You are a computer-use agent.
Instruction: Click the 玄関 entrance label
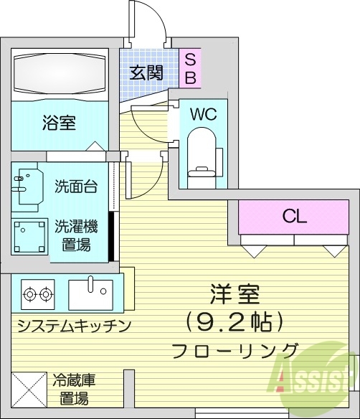coord(146,72)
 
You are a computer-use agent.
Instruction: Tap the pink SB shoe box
coord(191,68)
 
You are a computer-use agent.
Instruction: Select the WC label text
coord(203,113)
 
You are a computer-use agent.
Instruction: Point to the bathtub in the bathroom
coord(59,72)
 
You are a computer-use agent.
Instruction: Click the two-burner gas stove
coord(38,293)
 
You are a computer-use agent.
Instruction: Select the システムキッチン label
coord(73,326)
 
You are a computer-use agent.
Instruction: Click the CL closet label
coord(294,215)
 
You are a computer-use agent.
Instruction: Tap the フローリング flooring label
coord(235,351)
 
